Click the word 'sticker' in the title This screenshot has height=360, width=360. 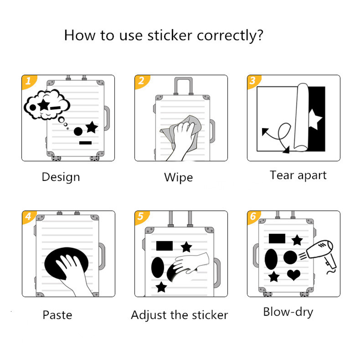coord(170,36)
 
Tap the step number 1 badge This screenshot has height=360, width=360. coord(28,81)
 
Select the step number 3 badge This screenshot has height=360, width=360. coord(253,81)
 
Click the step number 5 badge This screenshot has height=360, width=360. coord(141,217)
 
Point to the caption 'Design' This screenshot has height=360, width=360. coord(61,177)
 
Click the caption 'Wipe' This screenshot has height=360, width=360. coord(179,177)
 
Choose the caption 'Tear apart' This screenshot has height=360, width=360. coord(298,176)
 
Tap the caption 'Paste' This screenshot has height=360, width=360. coord(57,315)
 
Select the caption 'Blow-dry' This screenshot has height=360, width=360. coord(288,312)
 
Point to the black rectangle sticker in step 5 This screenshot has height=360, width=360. coord(165,246)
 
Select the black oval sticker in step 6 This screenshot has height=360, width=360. coord(271,259)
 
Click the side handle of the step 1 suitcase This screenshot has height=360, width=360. coord(107,118)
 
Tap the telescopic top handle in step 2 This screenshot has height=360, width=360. coord(183,86)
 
